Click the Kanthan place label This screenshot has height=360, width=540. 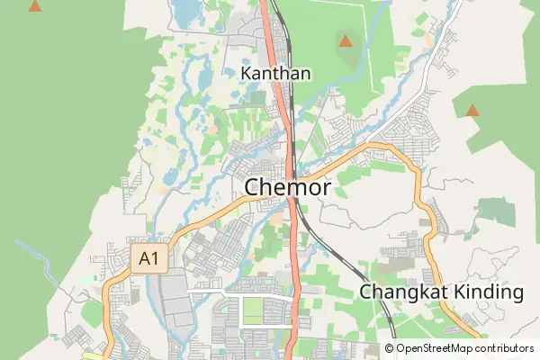[x=275, y=73]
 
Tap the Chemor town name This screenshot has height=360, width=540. [x=288, y=187]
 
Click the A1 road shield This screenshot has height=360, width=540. [x=149, y=260]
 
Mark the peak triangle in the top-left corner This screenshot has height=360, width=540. [x=34, y=6]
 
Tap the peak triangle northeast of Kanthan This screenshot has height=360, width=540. [x=345, y=40]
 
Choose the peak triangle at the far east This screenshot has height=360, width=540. [x=472, y=111]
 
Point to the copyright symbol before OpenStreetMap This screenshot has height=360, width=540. [x=390, y=348]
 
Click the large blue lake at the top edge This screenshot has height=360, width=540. [x=187, y=11]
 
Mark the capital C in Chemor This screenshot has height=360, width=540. [x=254, y=187]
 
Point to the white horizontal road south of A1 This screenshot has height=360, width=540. [x=238, y=293]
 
